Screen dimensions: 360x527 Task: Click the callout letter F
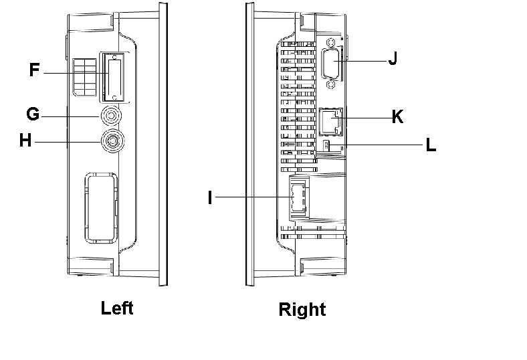pos(35,70)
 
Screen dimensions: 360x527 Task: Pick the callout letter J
pos(393,59)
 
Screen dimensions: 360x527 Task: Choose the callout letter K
pos(397,116)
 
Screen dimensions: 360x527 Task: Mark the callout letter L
pos(431,145)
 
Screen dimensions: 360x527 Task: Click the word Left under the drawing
pos(117,308)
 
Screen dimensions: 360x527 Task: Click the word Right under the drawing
pos(302,309)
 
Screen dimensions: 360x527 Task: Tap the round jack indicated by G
pos(111,115)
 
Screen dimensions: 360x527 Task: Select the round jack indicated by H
pos(111,141)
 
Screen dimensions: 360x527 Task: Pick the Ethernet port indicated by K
pos(330,120)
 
